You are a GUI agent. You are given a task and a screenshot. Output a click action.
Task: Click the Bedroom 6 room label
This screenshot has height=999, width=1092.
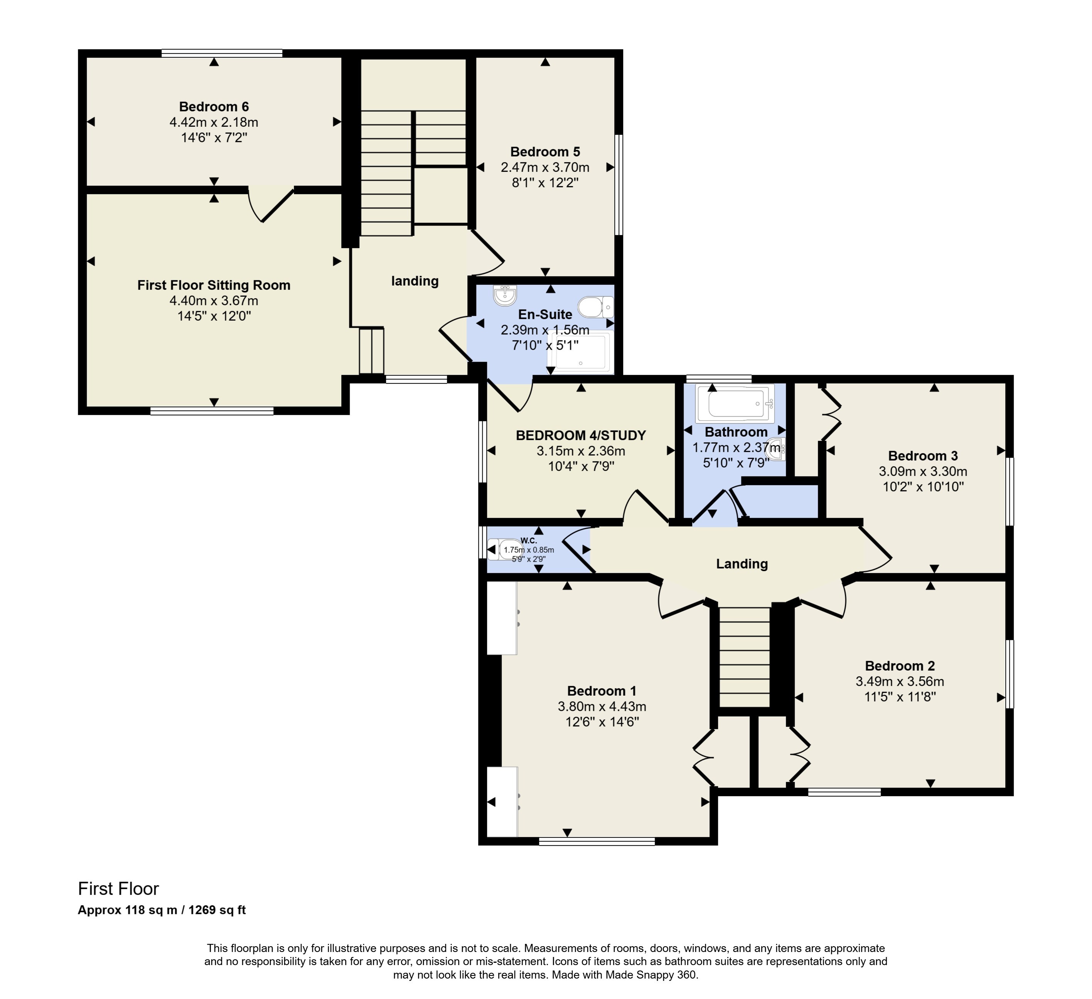pos(214,107)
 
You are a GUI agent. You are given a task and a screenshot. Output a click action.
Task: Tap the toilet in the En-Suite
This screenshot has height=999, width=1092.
pos(595,307)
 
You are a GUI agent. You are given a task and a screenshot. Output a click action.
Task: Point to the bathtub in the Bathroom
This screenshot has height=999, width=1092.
pos(735,404)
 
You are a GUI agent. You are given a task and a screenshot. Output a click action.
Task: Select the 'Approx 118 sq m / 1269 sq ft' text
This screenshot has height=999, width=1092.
pos(162,910)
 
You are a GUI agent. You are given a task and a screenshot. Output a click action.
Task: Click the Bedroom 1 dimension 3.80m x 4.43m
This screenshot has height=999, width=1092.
pos(602,706)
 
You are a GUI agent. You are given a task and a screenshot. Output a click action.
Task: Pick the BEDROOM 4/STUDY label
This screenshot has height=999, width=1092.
pos(581,436)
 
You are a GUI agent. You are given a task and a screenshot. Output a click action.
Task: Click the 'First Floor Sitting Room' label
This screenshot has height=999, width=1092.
pos(214,285)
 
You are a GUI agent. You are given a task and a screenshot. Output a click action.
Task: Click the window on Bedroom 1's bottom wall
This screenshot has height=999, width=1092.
pos(597,841)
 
